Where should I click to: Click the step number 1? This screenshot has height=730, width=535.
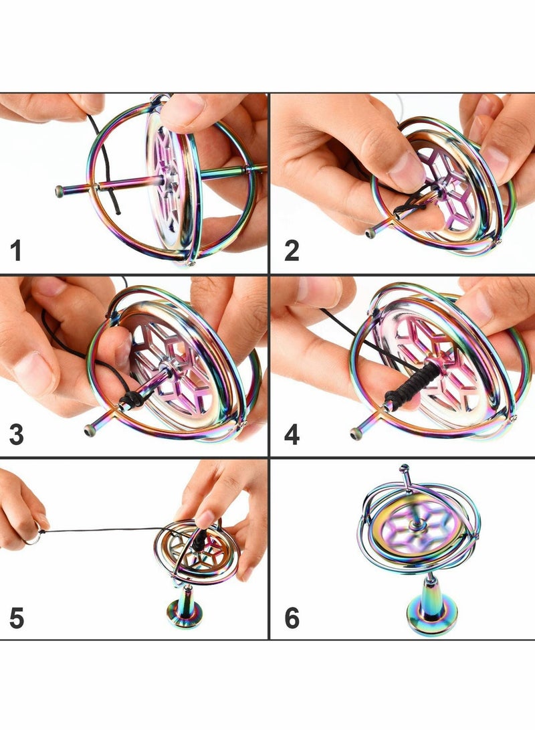coord(16,252)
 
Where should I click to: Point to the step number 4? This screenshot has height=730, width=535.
coord(292,435)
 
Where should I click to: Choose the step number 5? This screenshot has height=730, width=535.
coord(17,618)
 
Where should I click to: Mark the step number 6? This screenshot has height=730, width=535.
coord(292,618)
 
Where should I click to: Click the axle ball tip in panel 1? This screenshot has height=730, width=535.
coord(59,192)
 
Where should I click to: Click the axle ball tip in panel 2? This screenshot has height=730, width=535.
coord(370,233)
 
